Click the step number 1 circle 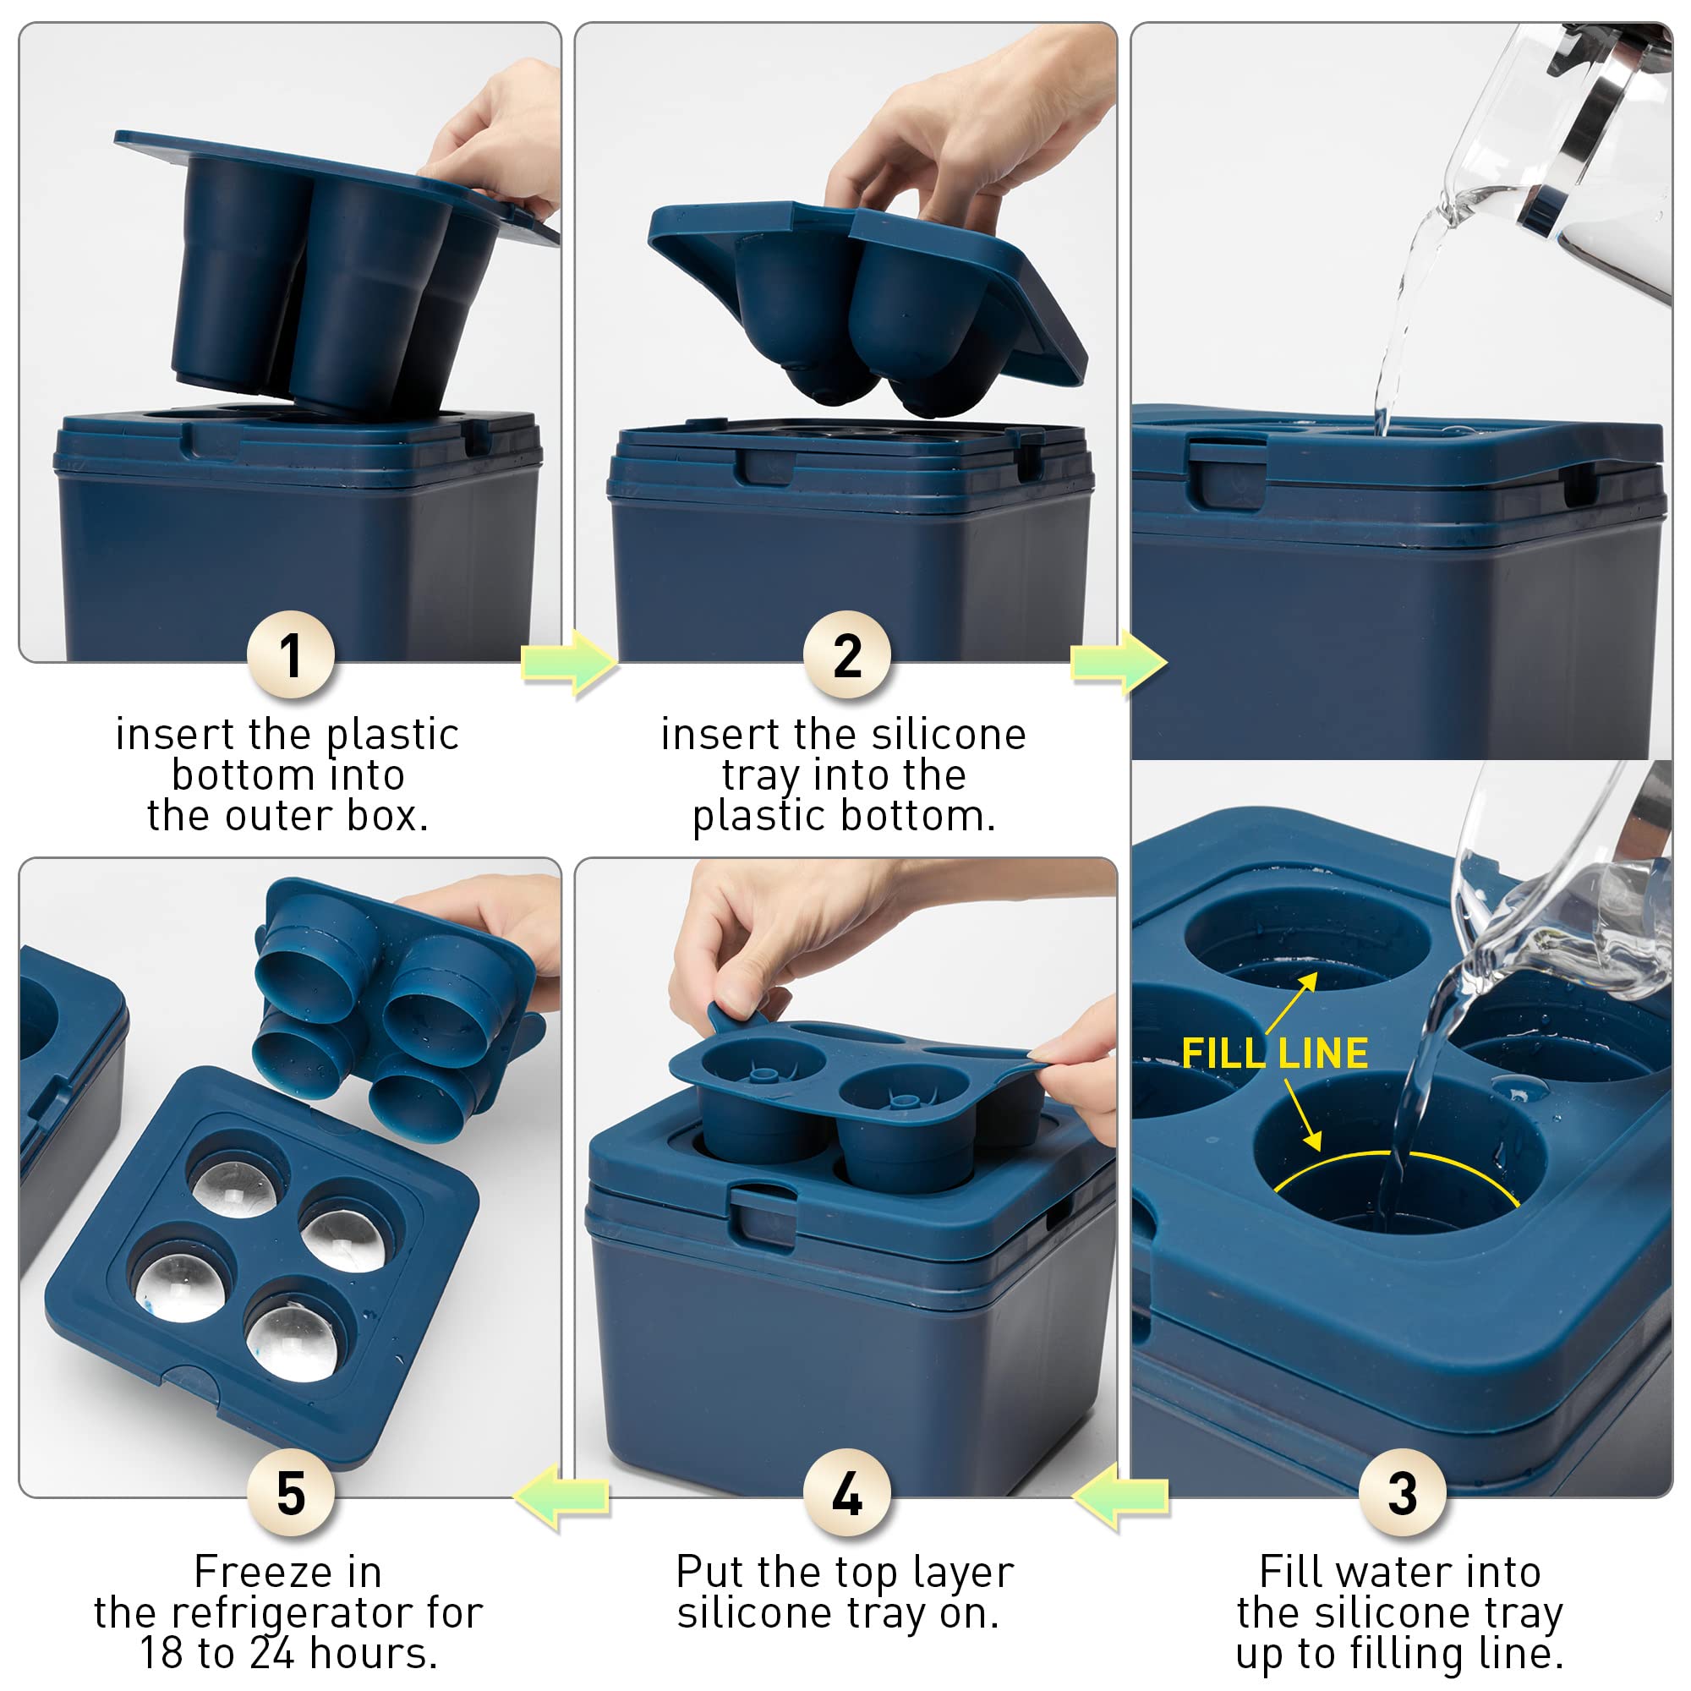click(x=291, y=654)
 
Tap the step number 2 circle click(x=846, y=654)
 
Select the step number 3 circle click(x=1402, y=1492)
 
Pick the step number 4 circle click(x=846, y=1492)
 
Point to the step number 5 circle click(x=291, y=1492)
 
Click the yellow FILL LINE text click(x=1274, y=1053)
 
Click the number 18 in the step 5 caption click(x=162, y=1653)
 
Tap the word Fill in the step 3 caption click(x=1290, y=1572)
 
